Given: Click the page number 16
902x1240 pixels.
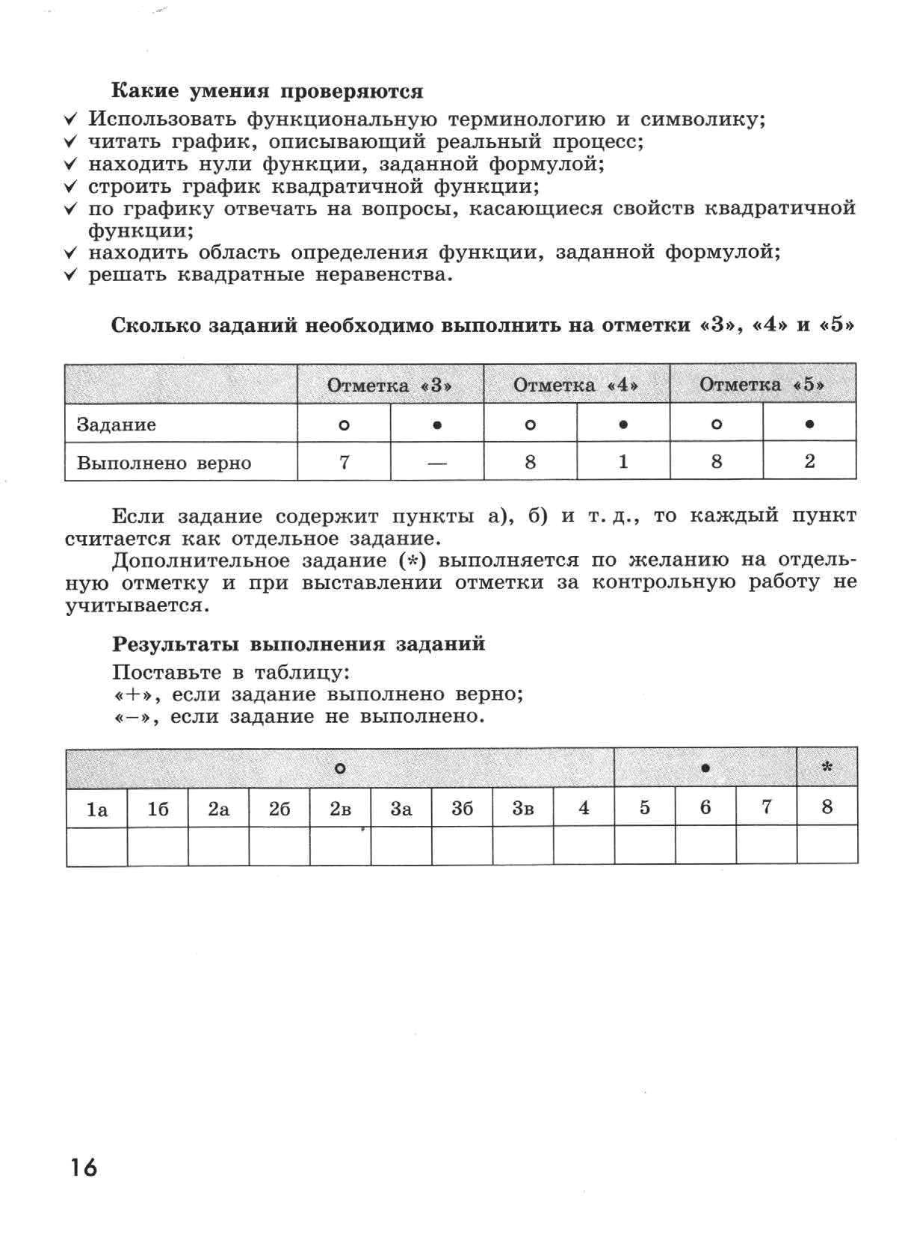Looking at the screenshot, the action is (84, 1167).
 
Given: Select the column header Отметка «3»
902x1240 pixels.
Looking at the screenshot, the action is (390, 385).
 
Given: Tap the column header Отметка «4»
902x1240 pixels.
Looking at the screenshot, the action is (576, 384).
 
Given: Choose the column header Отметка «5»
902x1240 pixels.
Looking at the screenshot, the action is (762, 383).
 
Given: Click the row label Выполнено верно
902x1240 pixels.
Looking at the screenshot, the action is (164, 463).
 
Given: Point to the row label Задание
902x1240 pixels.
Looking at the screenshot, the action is (117, 425).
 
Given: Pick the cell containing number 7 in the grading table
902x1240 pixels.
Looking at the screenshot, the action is (345, 461).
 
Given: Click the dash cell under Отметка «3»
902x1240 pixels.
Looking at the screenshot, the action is (437, 461).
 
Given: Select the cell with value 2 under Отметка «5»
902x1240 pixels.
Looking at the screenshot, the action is (809, 460).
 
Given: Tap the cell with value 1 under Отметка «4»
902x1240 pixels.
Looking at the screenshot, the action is (623, 460).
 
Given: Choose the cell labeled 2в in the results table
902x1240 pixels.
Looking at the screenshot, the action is (340, 809).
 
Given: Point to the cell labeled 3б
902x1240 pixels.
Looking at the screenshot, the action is (462, 808).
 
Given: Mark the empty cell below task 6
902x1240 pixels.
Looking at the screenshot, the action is (705, 845).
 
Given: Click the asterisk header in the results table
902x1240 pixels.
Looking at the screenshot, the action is (827, 767).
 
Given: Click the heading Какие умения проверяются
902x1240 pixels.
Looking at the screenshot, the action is (268, 91).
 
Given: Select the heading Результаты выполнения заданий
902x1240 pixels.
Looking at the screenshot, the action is (299, 644).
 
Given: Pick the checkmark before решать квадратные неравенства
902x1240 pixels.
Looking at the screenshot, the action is (70, 274).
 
